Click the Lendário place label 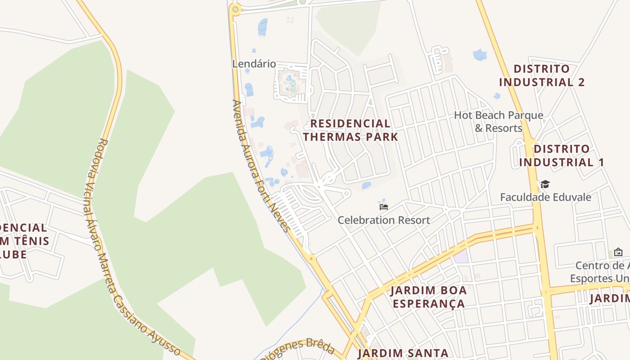[x=254, y=64]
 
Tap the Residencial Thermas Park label [x=351, y=130]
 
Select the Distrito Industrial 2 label [x=542, y=76]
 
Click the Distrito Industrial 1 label [x=561, y=155]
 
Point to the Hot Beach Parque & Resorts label [x=498, y=121]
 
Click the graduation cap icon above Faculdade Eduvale [x=545, y=184]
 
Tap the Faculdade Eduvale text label [x=545, y=197]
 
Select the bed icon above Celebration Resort [x=383, y=207]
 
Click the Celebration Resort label [x=384, y=220]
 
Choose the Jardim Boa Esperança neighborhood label [x=428, y=297]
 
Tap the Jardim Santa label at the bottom [x=403, y=353]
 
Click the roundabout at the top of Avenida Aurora [x=235, y=9]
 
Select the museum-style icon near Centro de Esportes [x=618, y=252]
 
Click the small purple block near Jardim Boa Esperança [x=461, y=257]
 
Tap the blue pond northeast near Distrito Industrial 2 [x=480, y=55]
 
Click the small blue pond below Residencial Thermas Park [x=367, y=185]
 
